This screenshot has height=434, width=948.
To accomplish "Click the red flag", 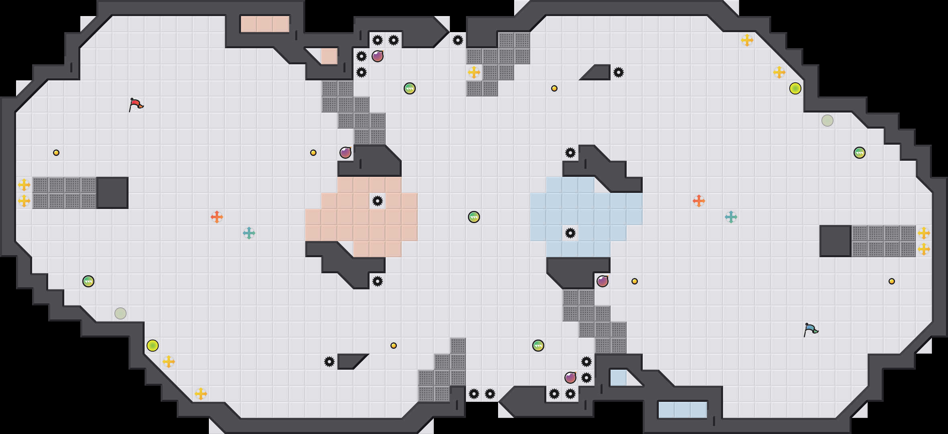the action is point(136,104).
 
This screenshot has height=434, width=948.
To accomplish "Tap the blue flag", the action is point(811,330).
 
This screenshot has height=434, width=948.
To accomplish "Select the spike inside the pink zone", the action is point(377,201).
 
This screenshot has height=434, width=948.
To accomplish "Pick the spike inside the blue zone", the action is point(570,233).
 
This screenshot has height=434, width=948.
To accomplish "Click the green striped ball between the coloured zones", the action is point(474,217).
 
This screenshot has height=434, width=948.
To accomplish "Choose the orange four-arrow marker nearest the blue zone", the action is point(699,201).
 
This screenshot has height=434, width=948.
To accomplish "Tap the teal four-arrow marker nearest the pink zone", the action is point(249,233).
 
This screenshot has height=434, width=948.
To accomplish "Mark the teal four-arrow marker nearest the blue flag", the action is point(731,217).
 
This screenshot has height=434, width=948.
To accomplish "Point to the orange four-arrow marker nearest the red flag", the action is point(217,217).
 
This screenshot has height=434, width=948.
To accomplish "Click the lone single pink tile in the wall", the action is point(329,56).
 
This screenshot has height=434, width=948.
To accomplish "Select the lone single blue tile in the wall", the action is point(618,378).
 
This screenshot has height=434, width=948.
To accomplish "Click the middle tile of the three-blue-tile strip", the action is point(682,410).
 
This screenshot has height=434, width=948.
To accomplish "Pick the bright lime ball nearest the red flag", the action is point(153,346).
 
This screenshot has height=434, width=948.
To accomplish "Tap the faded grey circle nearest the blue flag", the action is point(827,121).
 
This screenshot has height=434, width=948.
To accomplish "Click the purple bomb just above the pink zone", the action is point(345,153).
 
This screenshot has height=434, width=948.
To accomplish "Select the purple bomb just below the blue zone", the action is point(602,281).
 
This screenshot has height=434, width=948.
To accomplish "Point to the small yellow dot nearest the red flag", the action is point(56,153).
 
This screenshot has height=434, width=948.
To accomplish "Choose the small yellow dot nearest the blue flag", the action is point(891,281).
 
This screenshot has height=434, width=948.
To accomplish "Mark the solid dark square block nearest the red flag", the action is point(112,193).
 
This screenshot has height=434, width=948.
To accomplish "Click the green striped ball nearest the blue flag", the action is point(859,153).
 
